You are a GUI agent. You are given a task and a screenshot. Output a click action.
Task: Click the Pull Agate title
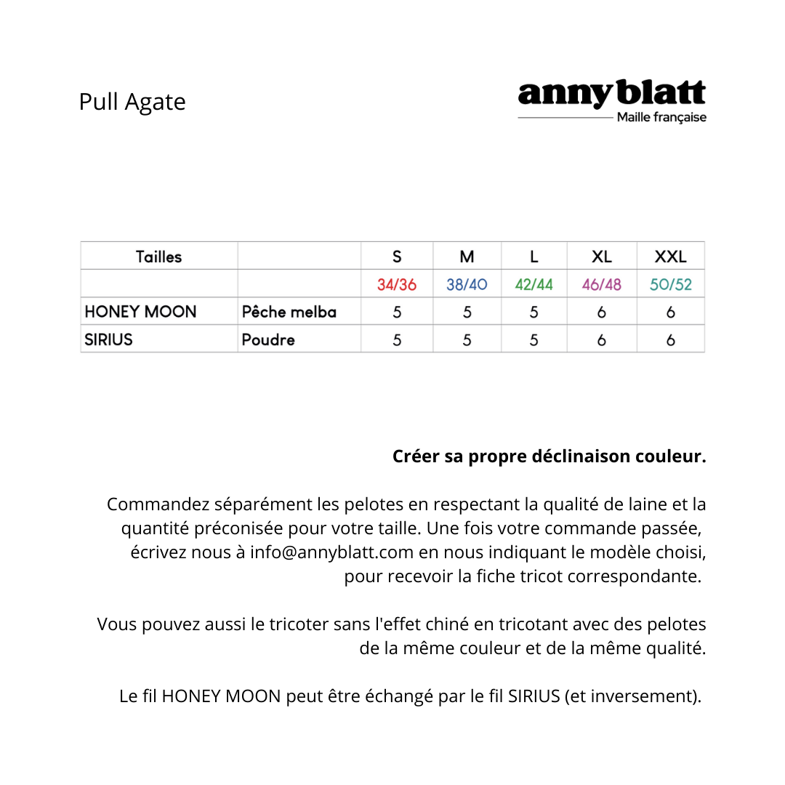coord(132,102)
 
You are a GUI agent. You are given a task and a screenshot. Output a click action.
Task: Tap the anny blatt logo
coord(611,94)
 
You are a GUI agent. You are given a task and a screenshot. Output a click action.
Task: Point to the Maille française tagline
coord(661,118)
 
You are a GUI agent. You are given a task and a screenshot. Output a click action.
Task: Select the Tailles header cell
coord(158,257)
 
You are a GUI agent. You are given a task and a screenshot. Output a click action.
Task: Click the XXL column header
coord(670,257)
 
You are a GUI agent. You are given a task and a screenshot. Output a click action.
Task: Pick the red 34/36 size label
coord(397,284)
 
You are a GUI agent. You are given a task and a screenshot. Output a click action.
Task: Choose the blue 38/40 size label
coord(467,284)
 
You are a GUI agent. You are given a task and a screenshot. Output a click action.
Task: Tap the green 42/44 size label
coord(534,284)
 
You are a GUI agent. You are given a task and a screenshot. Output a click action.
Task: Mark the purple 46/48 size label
coord(601,284)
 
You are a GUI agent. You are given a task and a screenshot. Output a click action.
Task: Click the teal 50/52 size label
coord(670,284)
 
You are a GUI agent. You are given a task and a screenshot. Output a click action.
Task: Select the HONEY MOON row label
coord(140,312)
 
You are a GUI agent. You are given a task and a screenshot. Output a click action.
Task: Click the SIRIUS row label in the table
coord(108,339)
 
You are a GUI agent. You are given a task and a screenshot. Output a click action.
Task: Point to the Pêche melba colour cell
coord(289,313)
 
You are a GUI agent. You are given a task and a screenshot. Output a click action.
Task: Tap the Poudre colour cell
coord(267,339)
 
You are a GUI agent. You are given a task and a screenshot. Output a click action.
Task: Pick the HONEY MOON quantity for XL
coord(601,313)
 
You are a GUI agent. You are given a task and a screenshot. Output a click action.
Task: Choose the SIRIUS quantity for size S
coord(397,339)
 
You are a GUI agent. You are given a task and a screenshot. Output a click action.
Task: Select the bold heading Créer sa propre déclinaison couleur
coord(549,456)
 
